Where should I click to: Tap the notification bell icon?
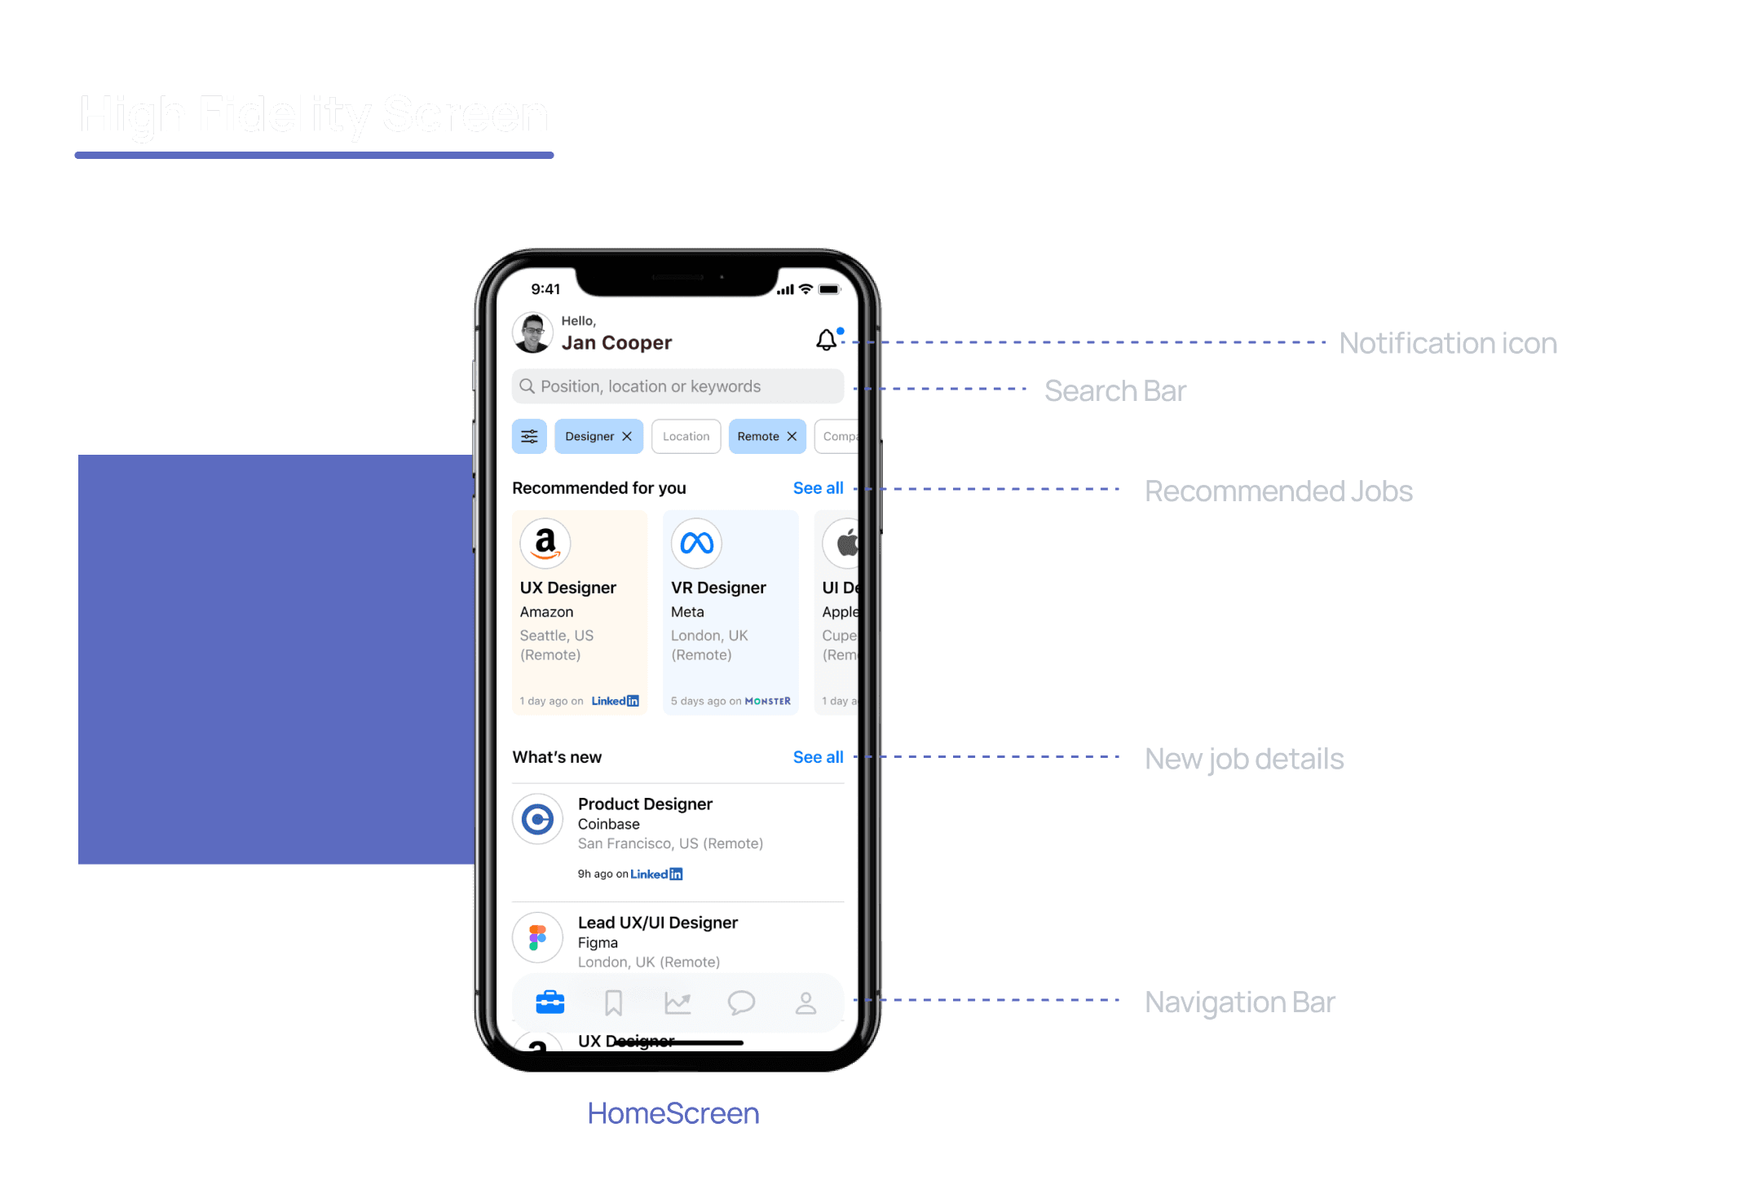coord(827,340)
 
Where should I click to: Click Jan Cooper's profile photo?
coord(533,333)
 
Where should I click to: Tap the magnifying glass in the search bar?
coord(527,386)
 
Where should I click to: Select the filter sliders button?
coord(529,437)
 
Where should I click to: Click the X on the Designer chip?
coord(627,437)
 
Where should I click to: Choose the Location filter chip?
coord(686,437)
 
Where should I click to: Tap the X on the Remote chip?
coord(792,437)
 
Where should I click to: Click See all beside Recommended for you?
coord(818,488)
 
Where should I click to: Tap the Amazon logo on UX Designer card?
coord(545,543)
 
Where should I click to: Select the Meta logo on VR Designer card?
coord(696,543)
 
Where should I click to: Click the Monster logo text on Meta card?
coord(767,701)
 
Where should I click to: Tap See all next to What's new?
coord(818,757)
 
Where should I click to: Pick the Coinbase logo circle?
coord(538,819)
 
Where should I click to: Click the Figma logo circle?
coord(538,937)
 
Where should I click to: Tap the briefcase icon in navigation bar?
coord(550,1002)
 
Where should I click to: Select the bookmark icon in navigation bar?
coord(614,1002)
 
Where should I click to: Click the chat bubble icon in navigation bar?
coord(741,1002)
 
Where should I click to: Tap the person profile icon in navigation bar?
coord(805,1002)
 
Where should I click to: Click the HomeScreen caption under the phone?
coord(673,1113)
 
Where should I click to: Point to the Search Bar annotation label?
coord(1114,391)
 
